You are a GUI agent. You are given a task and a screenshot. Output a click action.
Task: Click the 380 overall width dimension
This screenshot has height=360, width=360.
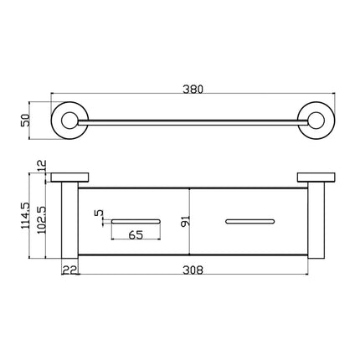click(193, 89)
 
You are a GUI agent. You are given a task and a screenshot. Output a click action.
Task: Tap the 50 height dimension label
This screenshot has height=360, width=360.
click(25, 121)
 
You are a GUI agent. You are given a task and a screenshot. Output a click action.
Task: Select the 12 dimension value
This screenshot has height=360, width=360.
click(42, 167)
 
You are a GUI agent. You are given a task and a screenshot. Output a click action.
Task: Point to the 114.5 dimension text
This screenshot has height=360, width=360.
click(25, 215)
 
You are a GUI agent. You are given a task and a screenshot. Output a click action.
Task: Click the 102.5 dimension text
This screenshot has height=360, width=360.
click(41, 220)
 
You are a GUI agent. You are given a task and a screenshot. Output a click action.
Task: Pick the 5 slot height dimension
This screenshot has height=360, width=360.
click(99, 213)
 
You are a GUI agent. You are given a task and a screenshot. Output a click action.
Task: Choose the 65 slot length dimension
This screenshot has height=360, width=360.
click(136, 235)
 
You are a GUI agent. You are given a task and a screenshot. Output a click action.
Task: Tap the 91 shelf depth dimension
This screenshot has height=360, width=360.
click(185, 221)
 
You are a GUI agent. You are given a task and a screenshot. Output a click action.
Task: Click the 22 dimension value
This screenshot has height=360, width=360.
click(69, 270)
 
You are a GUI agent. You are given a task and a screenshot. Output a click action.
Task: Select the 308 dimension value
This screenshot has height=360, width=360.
click(193, 270)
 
